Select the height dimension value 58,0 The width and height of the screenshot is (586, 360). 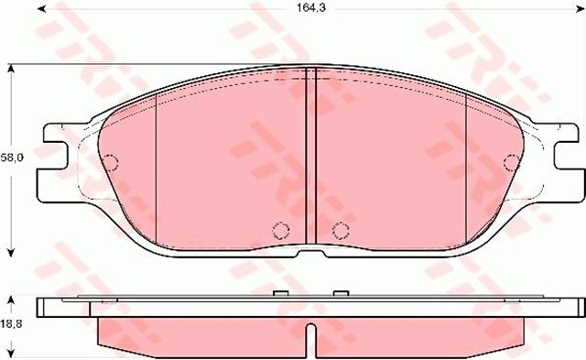pyautogui.click(x=11, y=158)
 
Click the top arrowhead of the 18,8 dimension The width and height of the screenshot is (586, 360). pyautogui.click(x=11, y=299)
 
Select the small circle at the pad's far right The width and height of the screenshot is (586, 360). pyautogui.click(x=511, y=164)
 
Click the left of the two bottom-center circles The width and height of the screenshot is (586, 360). pyautogui.click(x=280, y=228)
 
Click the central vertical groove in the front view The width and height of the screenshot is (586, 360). pyautogui.click(x=309, y=156)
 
